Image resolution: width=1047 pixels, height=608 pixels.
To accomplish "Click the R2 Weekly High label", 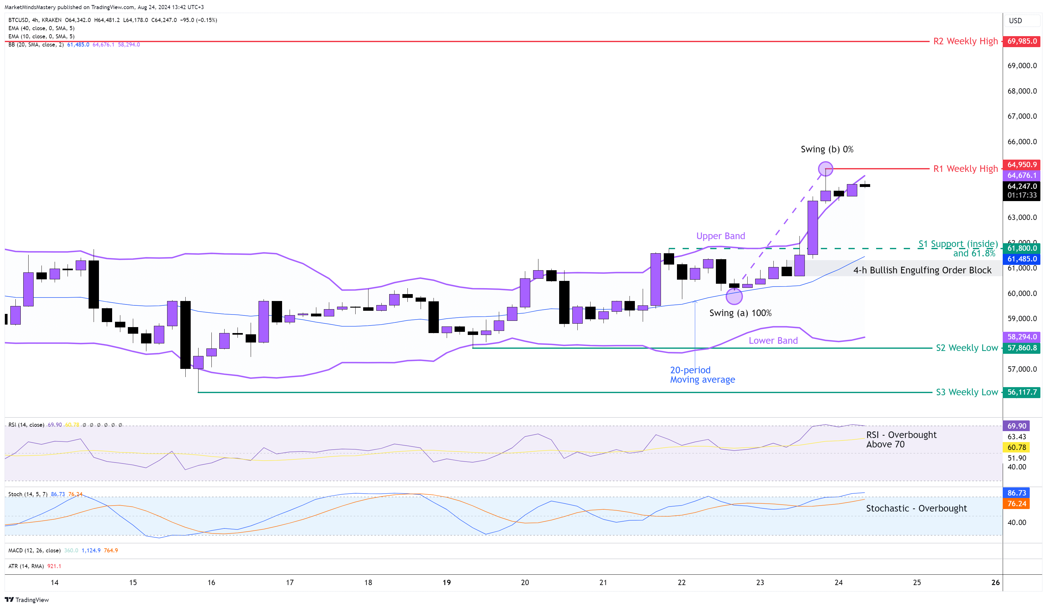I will click(x=965, y=41).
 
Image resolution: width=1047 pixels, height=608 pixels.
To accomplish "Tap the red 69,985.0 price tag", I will click(x=1022, y=41).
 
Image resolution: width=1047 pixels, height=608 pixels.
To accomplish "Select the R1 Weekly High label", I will click(x=965, y=169).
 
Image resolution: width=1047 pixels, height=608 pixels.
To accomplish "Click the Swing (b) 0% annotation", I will click(x=827, y=149).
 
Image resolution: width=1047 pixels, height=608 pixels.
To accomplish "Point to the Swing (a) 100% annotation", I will click(x=740, y=313).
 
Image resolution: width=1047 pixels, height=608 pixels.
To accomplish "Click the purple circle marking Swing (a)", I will click(x=734, y=296).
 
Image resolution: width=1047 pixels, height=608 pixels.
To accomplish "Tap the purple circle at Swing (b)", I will click(x=825, y=169).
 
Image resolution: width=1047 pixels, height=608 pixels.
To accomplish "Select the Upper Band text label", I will click(x=720, y=236).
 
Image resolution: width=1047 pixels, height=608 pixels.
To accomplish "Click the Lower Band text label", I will click(x=773, y=341).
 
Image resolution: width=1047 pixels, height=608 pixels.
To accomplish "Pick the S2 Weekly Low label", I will click(x=966, y=348).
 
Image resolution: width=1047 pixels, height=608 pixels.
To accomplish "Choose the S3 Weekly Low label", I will click(x=966, y=392).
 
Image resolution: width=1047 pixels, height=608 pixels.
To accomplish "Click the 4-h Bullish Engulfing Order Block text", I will click(x=922, y=270).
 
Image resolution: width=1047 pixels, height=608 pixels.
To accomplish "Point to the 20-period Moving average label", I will click(x=702, y=375).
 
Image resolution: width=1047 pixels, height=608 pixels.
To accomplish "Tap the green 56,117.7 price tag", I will click(x=1022, y=392).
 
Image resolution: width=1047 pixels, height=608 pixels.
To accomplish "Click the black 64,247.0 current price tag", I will click(x=1022, y=186).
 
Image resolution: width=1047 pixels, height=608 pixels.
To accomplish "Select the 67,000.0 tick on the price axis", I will click(x=1022, y=116).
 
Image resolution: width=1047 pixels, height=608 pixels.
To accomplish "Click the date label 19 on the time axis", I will click(x=447, y=582).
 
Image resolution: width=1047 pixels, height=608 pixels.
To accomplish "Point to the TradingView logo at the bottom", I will click(x=27, y=600).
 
